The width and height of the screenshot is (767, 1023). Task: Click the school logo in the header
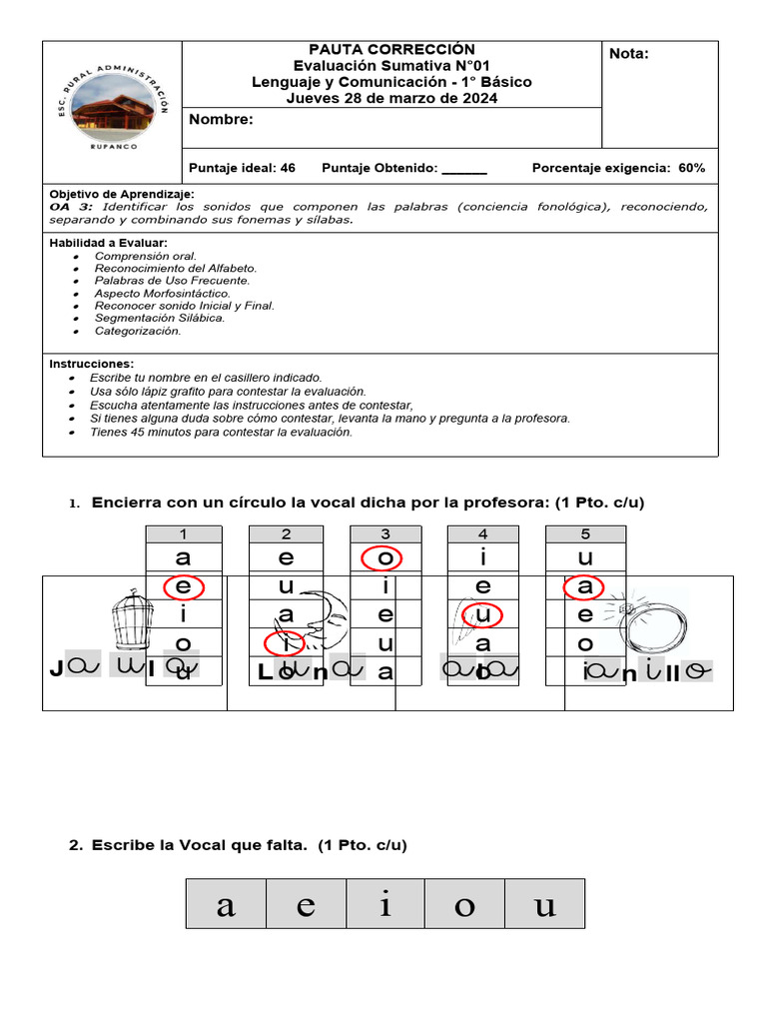tap(113, 112)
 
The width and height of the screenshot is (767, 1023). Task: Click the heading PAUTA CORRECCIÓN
tap(391, 49)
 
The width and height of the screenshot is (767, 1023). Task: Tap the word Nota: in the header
tap(629, 54)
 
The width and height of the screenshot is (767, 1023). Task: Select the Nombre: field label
tap(221, 120)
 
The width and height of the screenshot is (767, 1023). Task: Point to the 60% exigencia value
tap(691, 168)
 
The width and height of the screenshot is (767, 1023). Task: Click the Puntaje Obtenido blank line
tap(463, 170)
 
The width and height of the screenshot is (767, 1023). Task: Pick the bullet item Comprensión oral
tap(146, 256)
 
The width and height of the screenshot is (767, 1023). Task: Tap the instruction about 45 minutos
tap(221, 433)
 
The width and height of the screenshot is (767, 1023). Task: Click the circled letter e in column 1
tap(183, 586)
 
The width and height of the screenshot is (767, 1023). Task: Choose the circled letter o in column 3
tap(383, 557)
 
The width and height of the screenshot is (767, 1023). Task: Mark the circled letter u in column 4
tap(483, 613)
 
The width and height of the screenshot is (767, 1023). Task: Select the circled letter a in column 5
tap(585, 586)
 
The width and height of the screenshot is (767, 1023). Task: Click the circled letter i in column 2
tap(285, 642)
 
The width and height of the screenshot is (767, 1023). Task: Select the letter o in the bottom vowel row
tap(464, 905)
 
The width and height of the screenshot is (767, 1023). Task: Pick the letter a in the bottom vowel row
tap(227, 905)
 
